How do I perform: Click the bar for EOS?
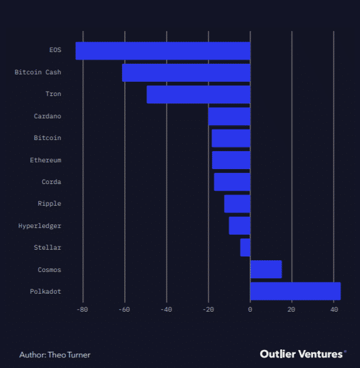click(162, 51)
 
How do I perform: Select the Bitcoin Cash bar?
click(186, 72)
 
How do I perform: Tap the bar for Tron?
click(198, 94)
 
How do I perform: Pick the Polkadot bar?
click(295, 291)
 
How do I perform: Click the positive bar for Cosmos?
click(266, 269)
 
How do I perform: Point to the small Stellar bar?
click(245, 247)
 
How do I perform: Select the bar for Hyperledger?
click(239, 226)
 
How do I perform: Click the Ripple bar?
click(237, 204)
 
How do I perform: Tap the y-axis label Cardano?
click(47, 116)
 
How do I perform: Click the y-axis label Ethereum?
click(45, 160)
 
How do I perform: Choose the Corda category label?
click(51, 182)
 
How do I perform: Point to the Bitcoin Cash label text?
click(38, 72)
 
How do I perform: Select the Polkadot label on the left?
click(45, 291)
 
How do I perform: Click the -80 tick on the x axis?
click(82, 309)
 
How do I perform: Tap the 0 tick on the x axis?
click(250, 309)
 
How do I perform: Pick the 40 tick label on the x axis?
click(333, 309)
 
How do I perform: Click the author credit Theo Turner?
click(55, 355)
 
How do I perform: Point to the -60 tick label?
click(124, 309)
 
